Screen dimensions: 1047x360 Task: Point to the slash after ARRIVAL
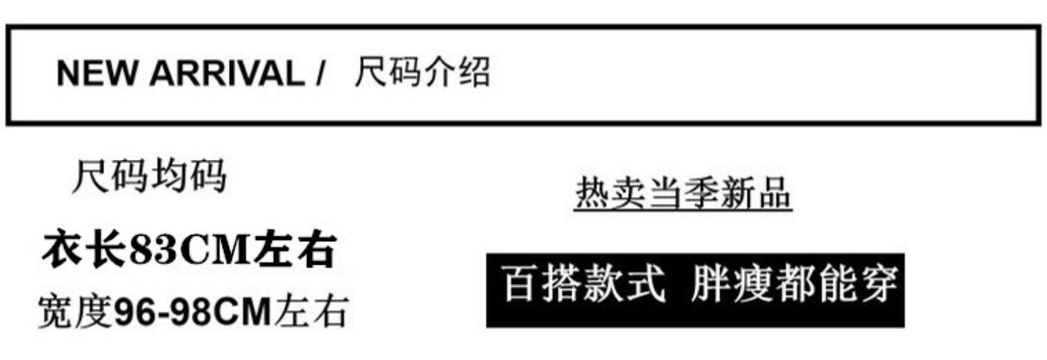pyautogui.click(x=320, y=73)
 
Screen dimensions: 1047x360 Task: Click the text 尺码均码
pyautogui.click(x=149, y=175)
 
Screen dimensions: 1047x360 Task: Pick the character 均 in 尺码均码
pyautogui.click(x=169, y=175)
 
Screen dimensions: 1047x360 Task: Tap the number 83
pyautogui.click(x=153, y=250)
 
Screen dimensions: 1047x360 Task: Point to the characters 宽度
pyautogui.click(x=75, y=312)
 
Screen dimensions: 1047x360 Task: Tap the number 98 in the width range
pyautogui.click(x=186, y=312)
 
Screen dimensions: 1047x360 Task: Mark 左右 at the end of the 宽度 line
pyautogui.click(x=311, y=312)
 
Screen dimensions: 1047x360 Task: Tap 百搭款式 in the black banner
pyautogui.click(x=584, y=284)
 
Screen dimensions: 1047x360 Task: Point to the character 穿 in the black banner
pyautogui.click(x=878, y=284)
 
